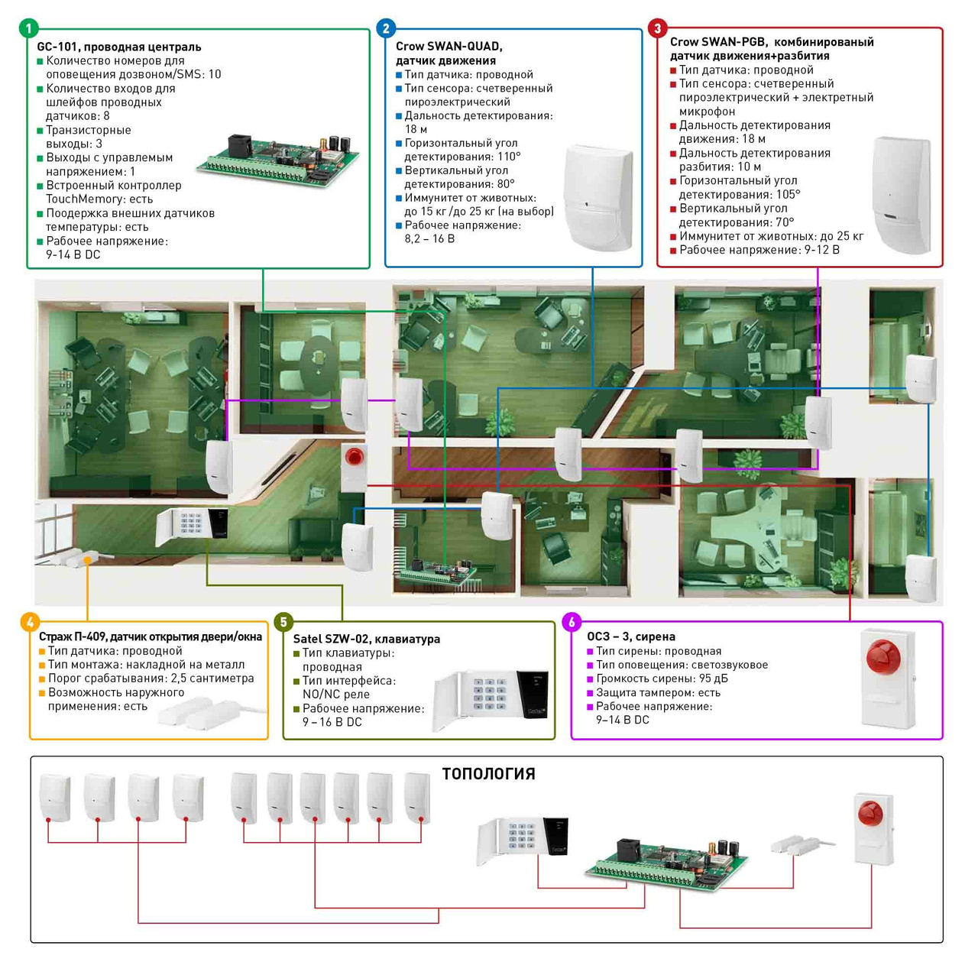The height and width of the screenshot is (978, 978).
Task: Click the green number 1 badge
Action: pos(28,29)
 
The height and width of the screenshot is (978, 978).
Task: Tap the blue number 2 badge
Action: pos(386,29)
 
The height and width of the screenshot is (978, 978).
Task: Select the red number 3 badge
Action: pos(657,29)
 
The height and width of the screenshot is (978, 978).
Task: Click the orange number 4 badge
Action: pos(30,622)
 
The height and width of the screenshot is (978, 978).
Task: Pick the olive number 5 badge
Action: pos(283,622)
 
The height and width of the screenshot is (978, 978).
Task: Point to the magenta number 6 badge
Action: pos(572,622)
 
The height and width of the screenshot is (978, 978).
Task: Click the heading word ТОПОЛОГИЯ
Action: pos(488,774)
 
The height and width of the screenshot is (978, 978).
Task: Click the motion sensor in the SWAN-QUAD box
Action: pos(598,198)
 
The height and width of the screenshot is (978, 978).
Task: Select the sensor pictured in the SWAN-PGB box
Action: pos(902,194)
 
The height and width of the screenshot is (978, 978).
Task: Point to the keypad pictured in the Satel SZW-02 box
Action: pos(491,700)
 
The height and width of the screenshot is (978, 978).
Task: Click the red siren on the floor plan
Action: pos(354,458)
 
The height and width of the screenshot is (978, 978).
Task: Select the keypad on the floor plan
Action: pos(192,526)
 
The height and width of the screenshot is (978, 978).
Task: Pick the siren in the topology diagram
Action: pos(873,829)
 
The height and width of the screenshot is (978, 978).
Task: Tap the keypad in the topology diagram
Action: pos(523,841)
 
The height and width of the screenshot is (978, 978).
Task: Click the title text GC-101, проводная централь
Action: pos(119,47)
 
